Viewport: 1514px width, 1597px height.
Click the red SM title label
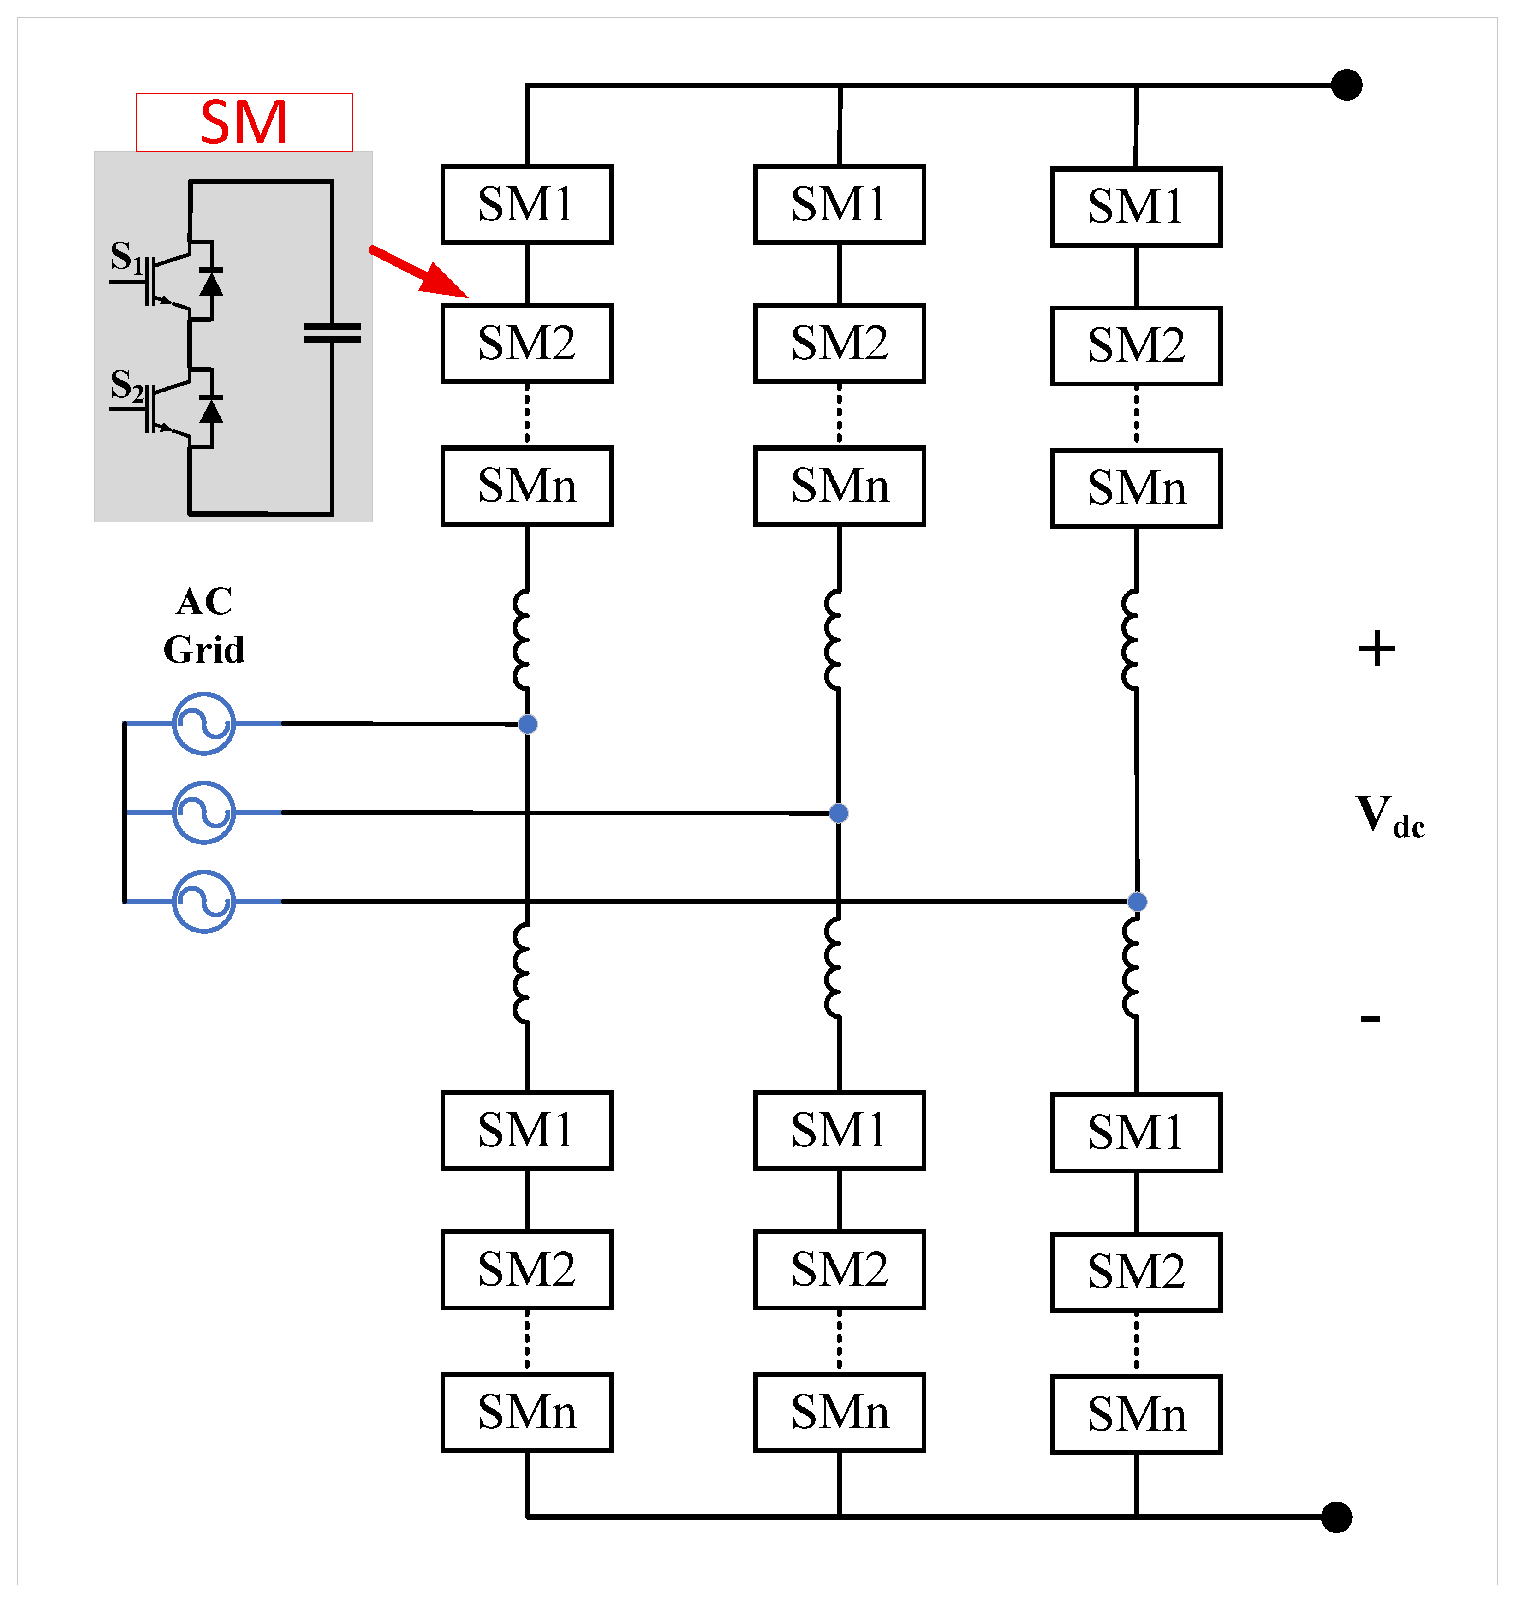click(244, 123)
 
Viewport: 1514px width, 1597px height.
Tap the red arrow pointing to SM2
click(419, 271)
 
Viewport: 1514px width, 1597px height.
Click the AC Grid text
click(204, 625)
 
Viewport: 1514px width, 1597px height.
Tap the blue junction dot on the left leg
click(528, 724)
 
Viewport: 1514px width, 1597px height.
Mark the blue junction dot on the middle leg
click(839, 813)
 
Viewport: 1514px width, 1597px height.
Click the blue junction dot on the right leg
click(1137, 902)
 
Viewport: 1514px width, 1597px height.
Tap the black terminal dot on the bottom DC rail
click(1336, 1517)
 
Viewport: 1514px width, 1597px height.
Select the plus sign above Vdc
click(1377, 649)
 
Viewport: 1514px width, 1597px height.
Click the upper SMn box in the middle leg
click(839, 486)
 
